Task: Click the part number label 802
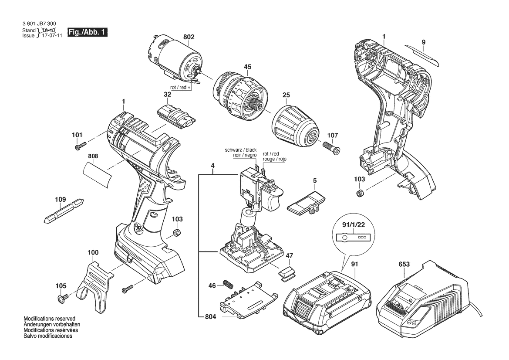(x=189, y=37)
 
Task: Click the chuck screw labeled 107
(x=331, y=147)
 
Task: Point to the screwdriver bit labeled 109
(x=64, y=210)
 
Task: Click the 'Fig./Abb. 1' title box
(x=88, y=32)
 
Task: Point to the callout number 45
(x=247, y=67)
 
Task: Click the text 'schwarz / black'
(x=240, y=150)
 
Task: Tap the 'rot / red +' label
(x=181, y=88)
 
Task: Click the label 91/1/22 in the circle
(x=353, y=224)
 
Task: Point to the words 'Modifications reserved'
(x=49, y=319)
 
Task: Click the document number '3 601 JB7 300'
(x=39, y=24)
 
